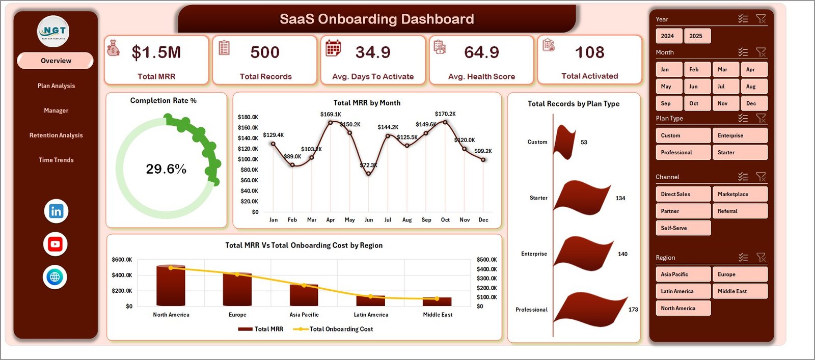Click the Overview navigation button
56,61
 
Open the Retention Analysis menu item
56,135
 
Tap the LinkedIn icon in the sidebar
56,211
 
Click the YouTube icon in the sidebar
56,244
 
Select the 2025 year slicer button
696,36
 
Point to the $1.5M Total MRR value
156,52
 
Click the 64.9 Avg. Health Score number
481,52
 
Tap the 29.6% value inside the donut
166,169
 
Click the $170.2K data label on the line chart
445,114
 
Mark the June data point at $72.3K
368,174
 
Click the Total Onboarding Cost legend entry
340,329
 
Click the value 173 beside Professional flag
633,310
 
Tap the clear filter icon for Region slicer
761,258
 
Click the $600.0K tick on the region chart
122,260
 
